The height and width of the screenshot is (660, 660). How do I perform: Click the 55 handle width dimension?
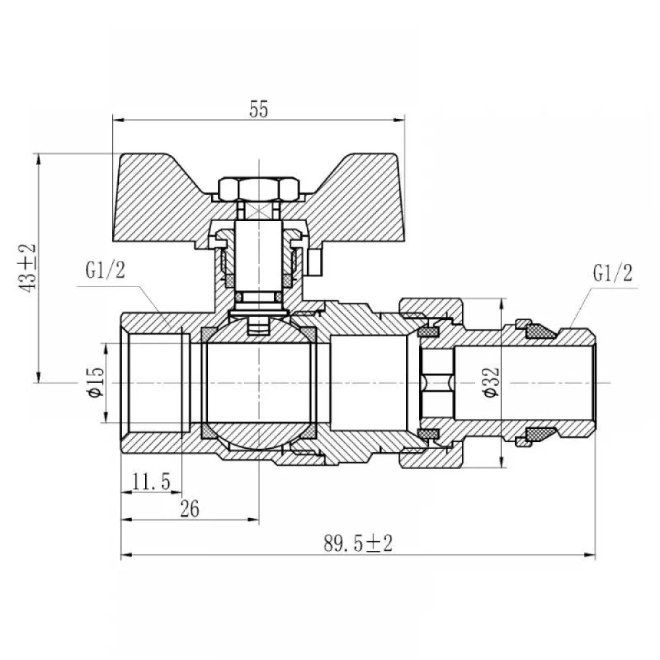pyautogui.click(x=259, y=110)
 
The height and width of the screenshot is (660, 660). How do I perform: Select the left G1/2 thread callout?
pyautogui.click(x=105, y=270)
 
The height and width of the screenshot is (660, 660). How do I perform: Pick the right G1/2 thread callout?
pyautogui.click(x=613, y=273)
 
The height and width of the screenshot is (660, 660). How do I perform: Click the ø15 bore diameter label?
pyautogui.click(x=96, y=381)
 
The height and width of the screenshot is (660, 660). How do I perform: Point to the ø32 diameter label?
pyautogui.click(x=491, y=382)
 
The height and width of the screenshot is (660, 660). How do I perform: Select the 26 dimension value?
pyautogui.click(x=189, y=509)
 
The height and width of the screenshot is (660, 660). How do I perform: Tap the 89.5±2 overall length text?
pyautogui.click(x=358, y=543)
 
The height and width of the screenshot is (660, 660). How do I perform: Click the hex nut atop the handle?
pyautogui.click(x=259, y=189)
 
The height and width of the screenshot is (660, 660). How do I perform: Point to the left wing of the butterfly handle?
pyautogui.click(x=162, y=198)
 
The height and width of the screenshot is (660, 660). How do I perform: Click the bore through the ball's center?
pyautogui.click(x=259, y=383)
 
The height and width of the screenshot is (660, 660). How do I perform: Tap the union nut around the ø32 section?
pyautogui.click(x=432, y=383)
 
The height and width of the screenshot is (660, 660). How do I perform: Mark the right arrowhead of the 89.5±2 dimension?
pyautogui.click(x=590, y=555)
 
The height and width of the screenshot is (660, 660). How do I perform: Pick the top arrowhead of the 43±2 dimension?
pyautogui.click(x=38, y=160)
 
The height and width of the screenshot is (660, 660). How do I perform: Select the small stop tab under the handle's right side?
pyautogui.click(x=314, y=262)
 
